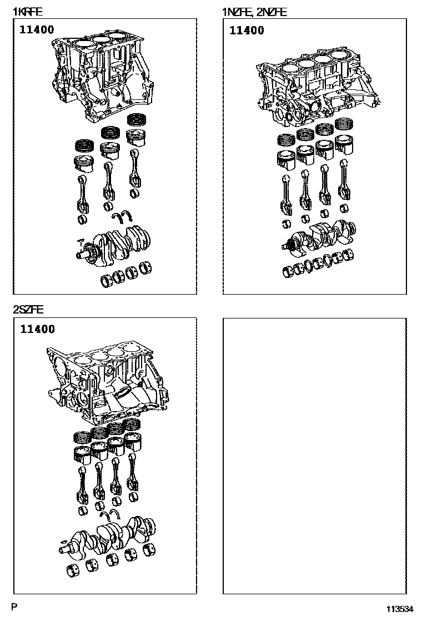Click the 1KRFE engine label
click(28, 12)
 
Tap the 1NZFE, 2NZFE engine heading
click(254, 12)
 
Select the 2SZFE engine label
click(28, 310)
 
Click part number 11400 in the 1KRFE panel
click(37, 29)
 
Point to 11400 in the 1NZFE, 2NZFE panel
click(247, 31)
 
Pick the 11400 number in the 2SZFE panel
click(37, 329)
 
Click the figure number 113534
click(400, 609)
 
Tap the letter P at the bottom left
click(14, 607)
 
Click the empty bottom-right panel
click(314, 456)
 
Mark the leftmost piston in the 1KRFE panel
click(84, 165)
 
